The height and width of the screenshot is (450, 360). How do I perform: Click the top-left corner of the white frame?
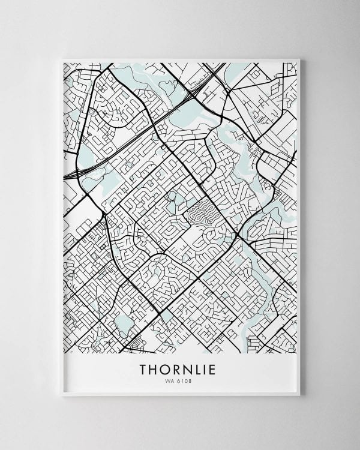(x=63, y=59)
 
